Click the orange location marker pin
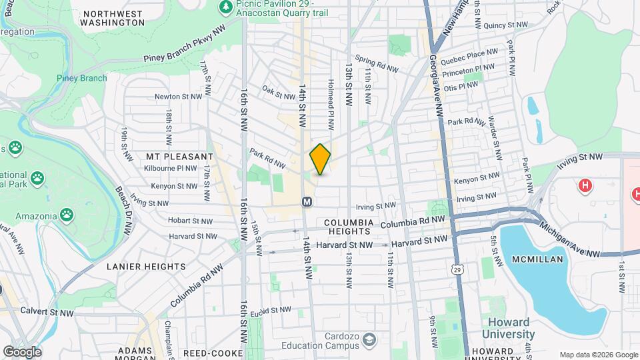click(x=320, y=159)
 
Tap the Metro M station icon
click(x=307, y=201)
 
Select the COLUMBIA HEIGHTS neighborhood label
click(x=347, y=226)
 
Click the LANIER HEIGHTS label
click(x=146, y=266)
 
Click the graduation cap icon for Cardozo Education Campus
click(x=368, y=342)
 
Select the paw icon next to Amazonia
click(x=67, y=215)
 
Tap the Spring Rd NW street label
click(x=377, y=64)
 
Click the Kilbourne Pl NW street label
click(x=170, y=169)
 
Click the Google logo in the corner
click(x=22, y=351)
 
